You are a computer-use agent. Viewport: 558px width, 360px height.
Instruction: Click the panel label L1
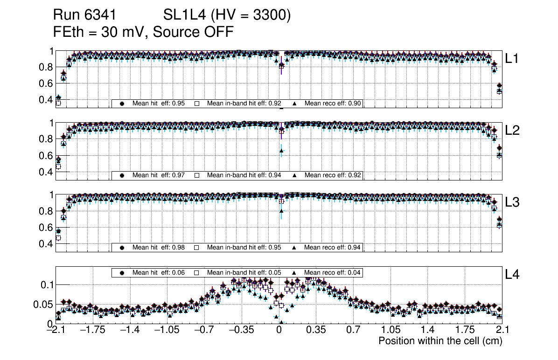[512, 59]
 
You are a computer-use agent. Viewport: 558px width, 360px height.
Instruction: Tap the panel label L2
[512, 131]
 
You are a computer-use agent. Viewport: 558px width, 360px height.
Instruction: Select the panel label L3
[512, 202]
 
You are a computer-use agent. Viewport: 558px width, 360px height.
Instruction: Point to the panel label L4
[512, 275]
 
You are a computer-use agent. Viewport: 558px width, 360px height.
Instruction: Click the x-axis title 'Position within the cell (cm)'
[440, 341]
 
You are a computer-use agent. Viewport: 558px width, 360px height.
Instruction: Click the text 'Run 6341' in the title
[84, 16]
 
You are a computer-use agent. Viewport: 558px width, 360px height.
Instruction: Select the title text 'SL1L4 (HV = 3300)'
[227, 16]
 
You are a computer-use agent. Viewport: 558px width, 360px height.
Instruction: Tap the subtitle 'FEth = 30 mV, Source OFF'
[143, 32]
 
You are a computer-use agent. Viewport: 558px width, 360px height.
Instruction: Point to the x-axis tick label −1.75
[93, 330]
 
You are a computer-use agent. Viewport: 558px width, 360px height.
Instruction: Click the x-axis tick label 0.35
[316, 330]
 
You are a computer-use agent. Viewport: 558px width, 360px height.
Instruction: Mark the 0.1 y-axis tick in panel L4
[48, 284]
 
